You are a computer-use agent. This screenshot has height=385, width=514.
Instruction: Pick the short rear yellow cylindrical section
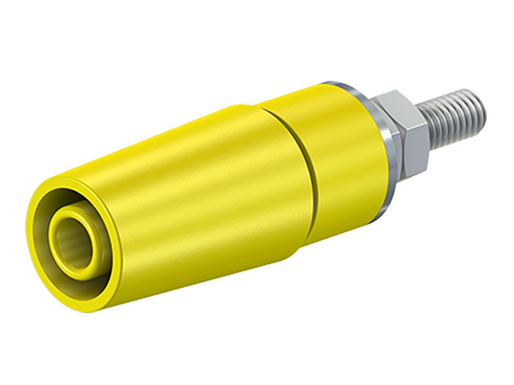tap(323, 154)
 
